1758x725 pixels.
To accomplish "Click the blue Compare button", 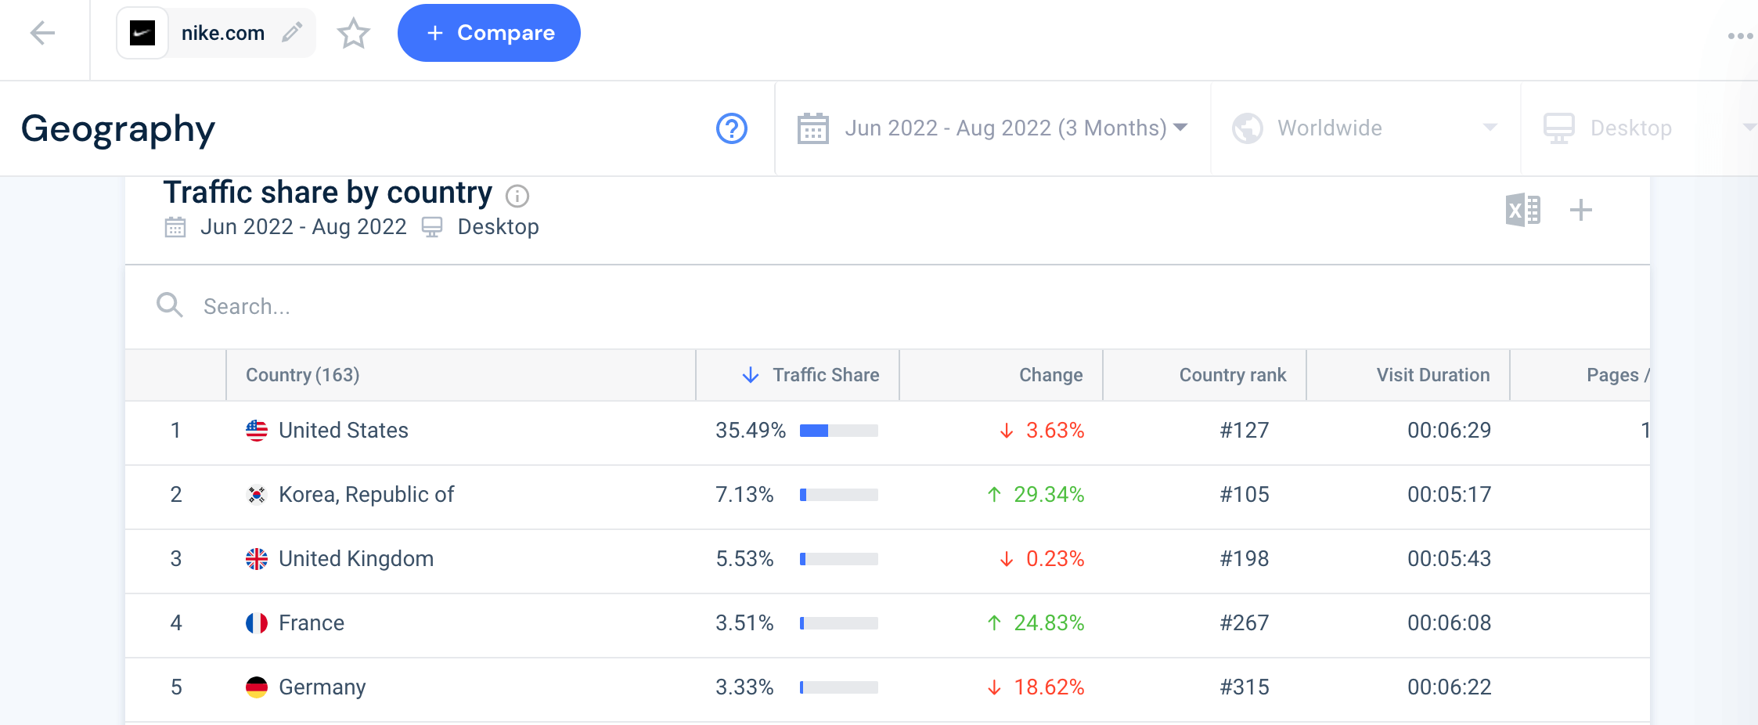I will [x=488, y=33].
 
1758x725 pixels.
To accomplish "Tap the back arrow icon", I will [x=42, y=33].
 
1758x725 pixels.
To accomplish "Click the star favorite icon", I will [x=353, y=34].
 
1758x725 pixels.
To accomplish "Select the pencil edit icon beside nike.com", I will [x=292, y=32].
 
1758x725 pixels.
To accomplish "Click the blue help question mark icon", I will [x=732, y=128].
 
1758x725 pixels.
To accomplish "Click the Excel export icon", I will [x=1522, y=210].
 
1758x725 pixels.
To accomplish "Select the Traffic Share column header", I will [x=825, y=375].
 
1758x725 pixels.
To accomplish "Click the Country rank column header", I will [x=1232, y=375].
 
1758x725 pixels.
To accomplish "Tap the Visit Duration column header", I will [x=1432, y=375].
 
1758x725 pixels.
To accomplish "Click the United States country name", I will [x=343, y=431].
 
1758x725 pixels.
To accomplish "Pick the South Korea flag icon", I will [x=256, y=495].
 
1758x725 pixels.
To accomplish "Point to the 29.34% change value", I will [x=1048, y=495].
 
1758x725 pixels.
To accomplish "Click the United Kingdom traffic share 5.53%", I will [x=744, y=559].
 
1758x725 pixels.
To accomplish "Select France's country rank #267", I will [x=1245, y=623].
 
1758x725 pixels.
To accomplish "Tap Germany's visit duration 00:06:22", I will [x=1449, y=687].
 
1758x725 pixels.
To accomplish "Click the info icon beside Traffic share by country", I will [x=517, y=196].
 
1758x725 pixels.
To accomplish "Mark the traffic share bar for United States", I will [x=838, y=431].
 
